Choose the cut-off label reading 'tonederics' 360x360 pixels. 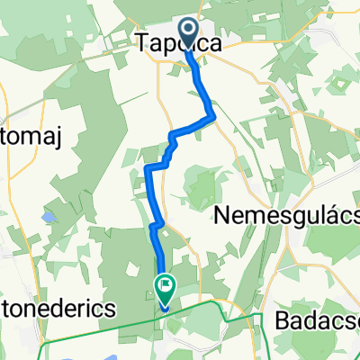coord(58,308)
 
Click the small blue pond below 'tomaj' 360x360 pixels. coord(46,217)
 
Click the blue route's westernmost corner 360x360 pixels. coord(147,168)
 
